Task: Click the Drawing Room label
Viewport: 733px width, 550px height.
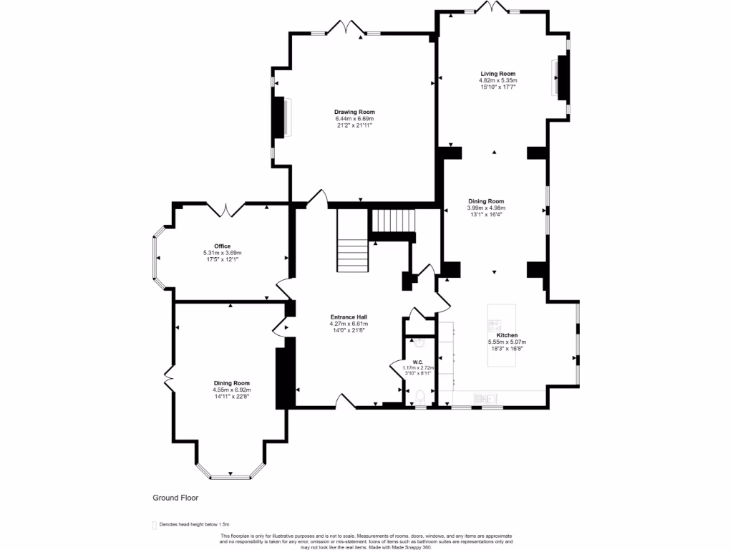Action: (354, 112)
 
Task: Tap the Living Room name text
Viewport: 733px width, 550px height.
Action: (497, 74)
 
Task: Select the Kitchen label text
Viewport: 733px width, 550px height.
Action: (507, 335)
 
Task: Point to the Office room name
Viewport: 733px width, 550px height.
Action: (222, 246)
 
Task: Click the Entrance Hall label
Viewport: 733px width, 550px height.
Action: (349, 317)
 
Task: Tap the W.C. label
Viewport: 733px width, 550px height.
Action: (418, 362)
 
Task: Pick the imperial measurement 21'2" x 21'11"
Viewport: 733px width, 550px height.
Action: (354, 125)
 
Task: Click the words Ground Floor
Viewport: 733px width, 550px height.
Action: (175, 498)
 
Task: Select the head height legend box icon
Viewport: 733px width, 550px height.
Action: (154, 525)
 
